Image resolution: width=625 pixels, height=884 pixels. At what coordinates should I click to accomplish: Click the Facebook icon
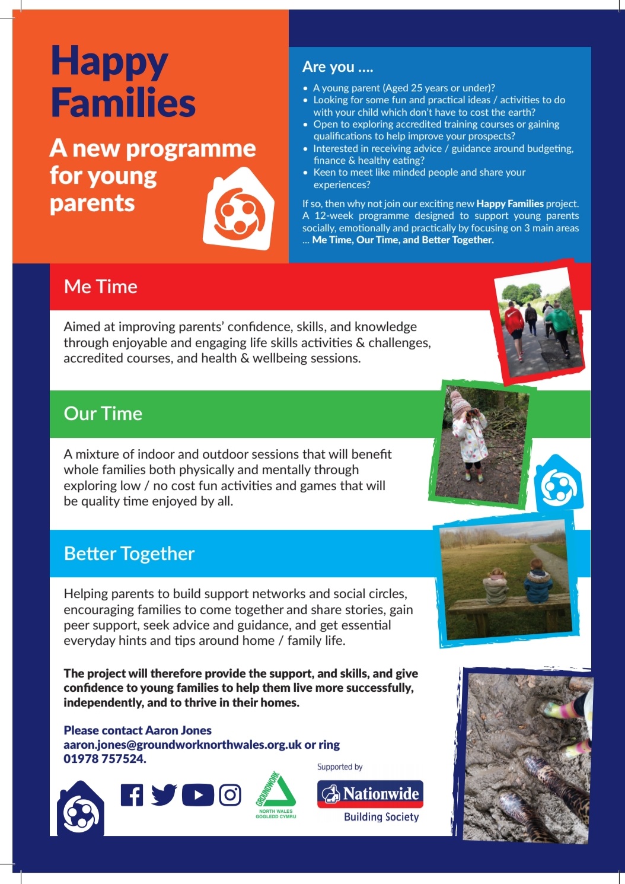click(132, 795)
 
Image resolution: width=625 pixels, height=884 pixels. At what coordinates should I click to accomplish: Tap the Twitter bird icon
click(164, 794)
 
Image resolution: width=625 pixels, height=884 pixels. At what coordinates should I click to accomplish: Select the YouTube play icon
click(197, 795)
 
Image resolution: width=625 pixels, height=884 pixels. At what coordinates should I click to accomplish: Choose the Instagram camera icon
click(230, 795)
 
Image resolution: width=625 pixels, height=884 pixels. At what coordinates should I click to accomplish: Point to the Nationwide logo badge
click(370, 794)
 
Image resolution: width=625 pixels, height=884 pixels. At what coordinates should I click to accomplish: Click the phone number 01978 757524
click(104, 759)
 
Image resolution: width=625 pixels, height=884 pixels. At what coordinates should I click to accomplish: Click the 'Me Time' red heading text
click(101, 287)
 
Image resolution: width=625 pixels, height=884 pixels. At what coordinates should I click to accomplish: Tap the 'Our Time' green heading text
click(103, 414)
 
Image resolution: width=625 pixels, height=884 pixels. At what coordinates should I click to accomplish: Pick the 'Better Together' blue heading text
click(129, 554)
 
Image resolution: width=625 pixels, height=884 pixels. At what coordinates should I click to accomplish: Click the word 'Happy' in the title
click(110, 62)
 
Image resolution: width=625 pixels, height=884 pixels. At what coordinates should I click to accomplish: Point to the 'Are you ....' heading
click(337, 67)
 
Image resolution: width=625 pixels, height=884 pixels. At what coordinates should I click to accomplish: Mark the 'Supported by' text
click(340, 767)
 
